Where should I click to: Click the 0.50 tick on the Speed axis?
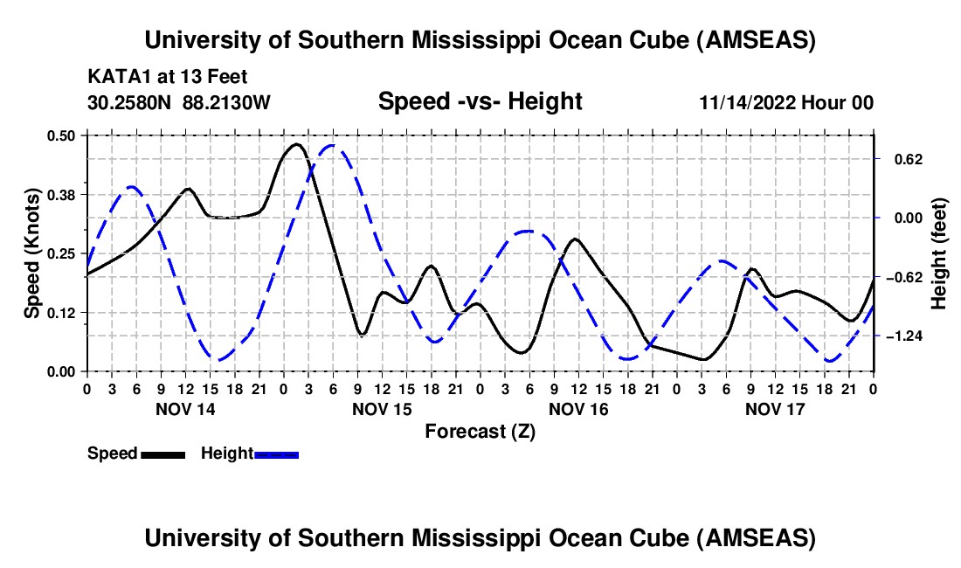(x=62, y=135)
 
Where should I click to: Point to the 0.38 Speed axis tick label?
(x=62, y=194)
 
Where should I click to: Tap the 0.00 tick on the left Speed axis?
(x=62, y=371)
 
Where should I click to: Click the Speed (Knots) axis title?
(x=31, y=253)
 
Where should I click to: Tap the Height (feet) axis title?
(x=939, y=253)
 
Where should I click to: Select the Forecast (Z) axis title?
(x=480, y=431)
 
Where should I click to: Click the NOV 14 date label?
(x=184, y=409)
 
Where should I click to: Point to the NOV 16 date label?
(x=578, y=409)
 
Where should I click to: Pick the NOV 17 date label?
(x=775, y=409)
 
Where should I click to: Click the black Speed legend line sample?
(x=162, y=454)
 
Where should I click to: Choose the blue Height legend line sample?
(x=276, y=454)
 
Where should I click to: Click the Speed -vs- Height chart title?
(x=480, y=102)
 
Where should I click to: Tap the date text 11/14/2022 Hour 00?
(x=786, y=103)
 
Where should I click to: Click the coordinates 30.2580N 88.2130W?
(x=179, y=103)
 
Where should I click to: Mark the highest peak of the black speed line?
(x=297, y=144)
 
